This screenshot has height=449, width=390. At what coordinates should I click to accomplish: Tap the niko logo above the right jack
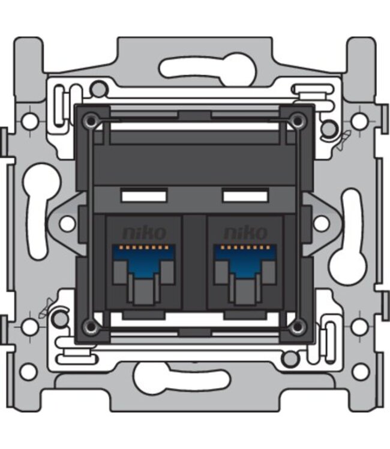coord(245,232)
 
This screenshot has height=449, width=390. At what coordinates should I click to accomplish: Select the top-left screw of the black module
coord(91,120)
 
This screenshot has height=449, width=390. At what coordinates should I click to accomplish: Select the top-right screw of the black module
coord(297,120)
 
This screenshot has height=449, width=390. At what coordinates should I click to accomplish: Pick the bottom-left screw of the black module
coord(91,326)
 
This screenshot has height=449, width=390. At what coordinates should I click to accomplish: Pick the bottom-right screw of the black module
coord(297,326)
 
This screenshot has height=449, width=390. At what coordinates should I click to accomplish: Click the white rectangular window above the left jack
coord(143,196)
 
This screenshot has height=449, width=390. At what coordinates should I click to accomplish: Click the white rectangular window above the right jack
coord(245,196)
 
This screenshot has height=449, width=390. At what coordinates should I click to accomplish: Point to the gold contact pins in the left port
coord(143,247)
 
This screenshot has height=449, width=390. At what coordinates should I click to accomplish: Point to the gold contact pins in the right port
coord(245,247)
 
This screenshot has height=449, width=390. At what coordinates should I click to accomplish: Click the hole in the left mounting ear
coord(67,223)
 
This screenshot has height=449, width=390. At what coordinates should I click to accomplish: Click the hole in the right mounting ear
coord(321,223)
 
